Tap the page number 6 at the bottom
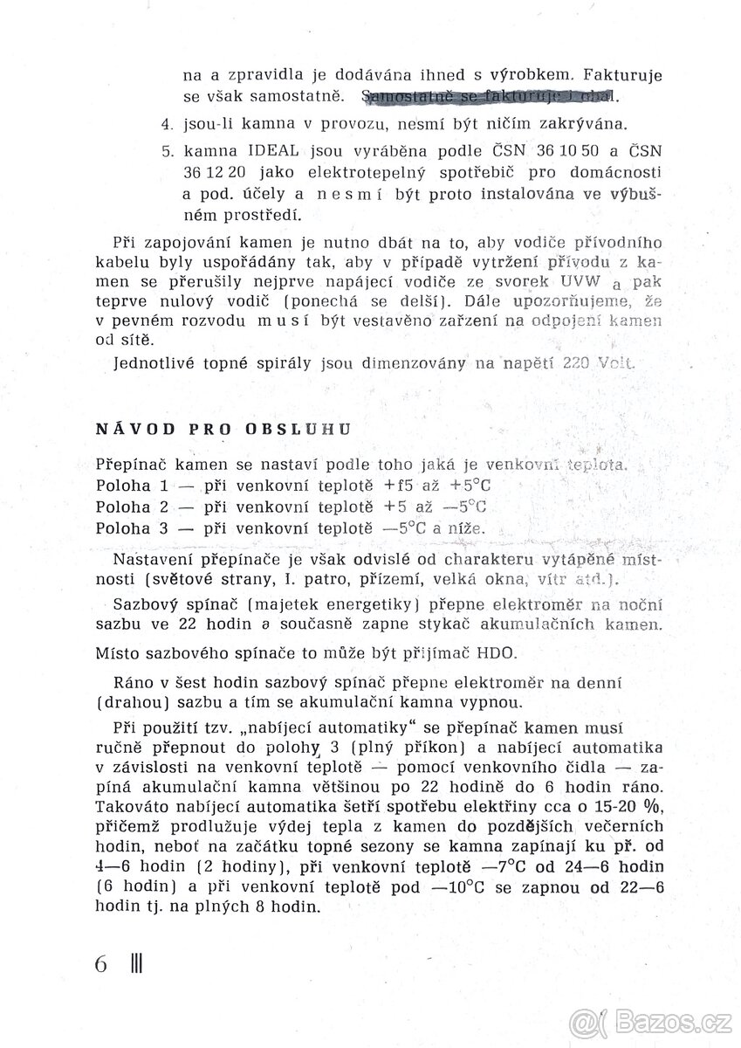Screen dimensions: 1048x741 [x=101, y=965]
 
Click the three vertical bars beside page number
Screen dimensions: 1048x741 [x=135, y=965]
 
